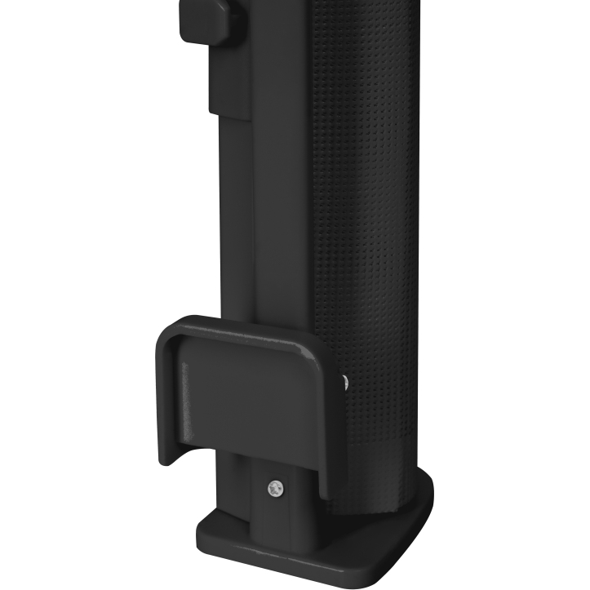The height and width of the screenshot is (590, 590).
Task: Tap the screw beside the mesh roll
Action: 344,379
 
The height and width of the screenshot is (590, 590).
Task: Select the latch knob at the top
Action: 210,20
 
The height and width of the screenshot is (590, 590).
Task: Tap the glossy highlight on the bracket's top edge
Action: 245,326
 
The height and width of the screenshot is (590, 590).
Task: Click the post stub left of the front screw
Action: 241,490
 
